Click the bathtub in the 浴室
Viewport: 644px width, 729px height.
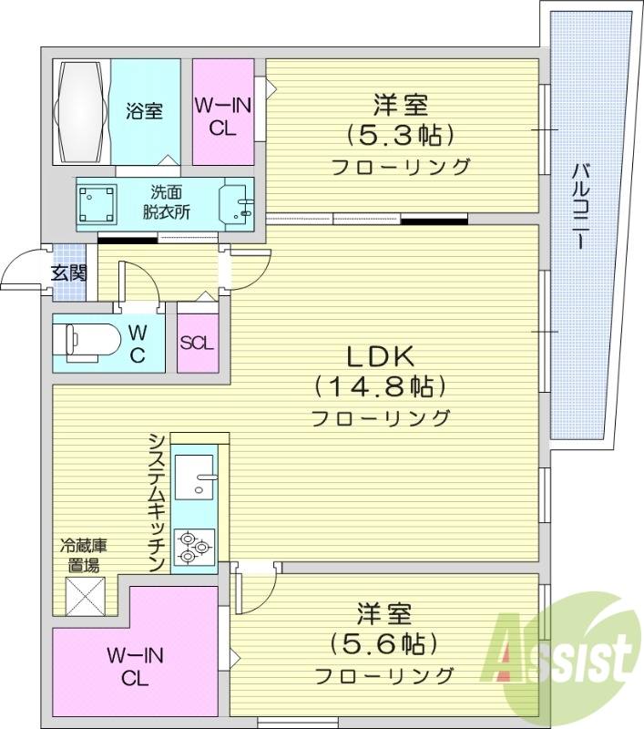point(81,111)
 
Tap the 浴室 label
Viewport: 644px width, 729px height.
point(145,111)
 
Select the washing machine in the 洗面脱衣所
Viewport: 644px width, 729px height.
point(97,203)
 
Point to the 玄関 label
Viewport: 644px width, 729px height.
point(67,272)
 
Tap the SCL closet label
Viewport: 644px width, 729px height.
point(197,343)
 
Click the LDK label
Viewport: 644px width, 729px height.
point(380,354)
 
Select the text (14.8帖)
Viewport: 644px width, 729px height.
point(380,386)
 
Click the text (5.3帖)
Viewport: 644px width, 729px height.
point(400,135)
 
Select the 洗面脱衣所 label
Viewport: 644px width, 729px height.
point(165,202)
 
